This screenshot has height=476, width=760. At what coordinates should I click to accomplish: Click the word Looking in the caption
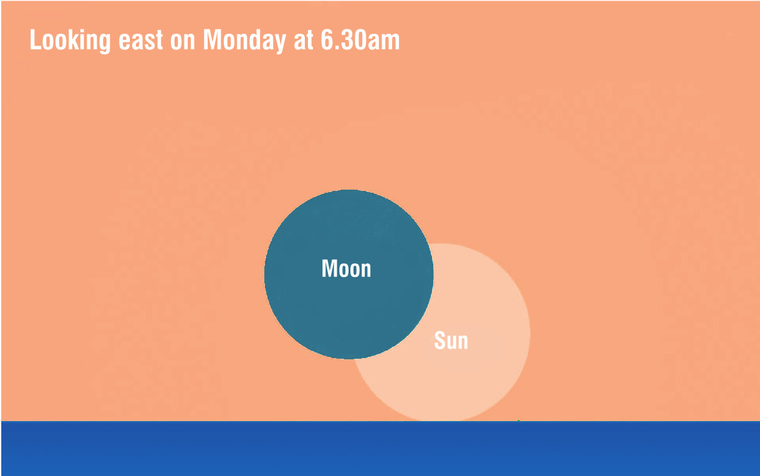click(70, 41)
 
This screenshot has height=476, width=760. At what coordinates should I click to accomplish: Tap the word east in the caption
click(141, 41)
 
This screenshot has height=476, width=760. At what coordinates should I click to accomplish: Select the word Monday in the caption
click(244, 41)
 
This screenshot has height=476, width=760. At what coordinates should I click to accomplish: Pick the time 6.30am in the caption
click(360, 40)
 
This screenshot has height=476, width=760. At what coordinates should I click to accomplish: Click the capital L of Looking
click(35, 40)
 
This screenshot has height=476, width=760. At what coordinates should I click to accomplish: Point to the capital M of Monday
click(212, 40)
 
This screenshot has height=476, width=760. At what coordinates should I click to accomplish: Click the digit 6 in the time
click(327, 40)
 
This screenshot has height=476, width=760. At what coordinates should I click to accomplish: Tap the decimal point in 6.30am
click(336, 48)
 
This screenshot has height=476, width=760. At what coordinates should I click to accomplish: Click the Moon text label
click(346, 268)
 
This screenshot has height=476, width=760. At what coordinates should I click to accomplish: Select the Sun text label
click(451, 340)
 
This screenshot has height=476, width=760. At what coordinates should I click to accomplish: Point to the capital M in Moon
click(329, 268)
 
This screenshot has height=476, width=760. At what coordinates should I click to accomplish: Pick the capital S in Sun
click(440, 340)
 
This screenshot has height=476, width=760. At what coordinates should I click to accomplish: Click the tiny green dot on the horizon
click(519, 421)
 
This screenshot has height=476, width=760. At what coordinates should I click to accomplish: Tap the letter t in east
click(160, 41)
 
